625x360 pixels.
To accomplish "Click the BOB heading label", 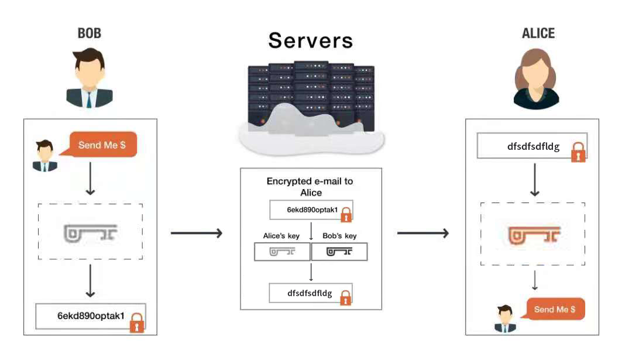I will (90, 33).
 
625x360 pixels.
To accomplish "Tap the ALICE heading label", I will (538, 33).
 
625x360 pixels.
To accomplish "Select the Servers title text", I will (311, 40).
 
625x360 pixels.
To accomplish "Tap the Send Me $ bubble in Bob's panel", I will (103, 145).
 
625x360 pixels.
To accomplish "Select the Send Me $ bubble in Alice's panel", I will (555, 308).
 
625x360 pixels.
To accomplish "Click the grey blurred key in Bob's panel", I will (91, 232).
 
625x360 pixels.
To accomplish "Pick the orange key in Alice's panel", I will (533, 235).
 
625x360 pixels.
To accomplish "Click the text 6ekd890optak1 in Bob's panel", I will (91, 316).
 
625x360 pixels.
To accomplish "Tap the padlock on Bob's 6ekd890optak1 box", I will (137, 323).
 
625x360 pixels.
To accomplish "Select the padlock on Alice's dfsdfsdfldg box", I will (578, 152).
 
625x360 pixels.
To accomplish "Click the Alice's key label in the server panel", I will (281, 236).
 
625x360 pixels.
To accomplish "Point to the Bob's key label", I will (339, 236).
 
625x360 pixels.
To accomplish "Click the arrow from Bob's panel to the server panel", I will (197, 234).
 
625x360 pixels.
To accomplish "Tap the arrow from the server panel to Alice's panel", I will (423, 234).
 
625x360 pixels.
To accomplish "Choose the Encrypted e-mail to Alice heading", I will (310, 187).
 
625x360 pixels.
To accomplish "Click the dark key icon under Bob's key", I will (339, 252).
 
